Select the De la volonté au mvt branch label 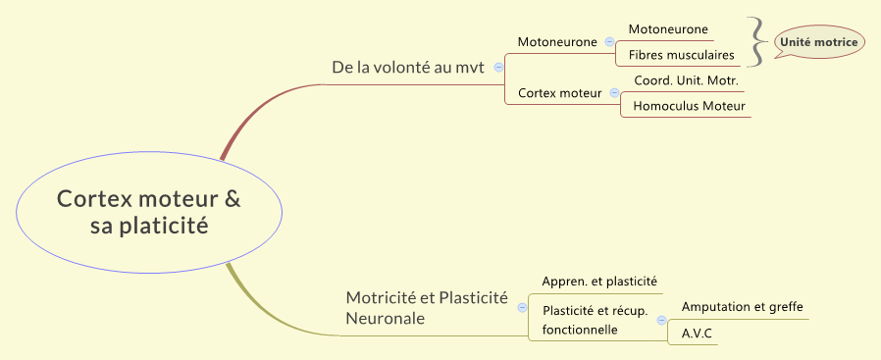click(x=409, y=68)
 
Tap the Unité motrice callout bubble click(x=818, y=42)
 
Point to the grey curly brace click(x=756, y=42)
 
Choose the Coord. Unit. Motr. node click(x=685, y=80)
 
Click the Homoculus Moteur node click(x=689, y=106)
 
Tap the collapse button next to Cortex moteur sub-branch click(x=614, y=93)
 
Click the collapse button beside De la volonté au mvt click(x=498, y=68)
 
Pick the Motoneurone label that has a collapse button click(x=557, y=42)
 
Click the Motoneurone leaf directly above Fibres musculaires click(x=668, y=29)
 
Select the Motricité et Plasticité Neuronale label click(x=427, y=308)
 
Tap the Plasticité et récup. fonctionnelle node click(x=595, y=320)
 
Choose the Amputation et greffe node click(x=742, y=307)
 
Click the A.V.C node click(x=697, y=334)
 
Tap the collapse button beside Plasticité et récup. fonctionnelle click(x=661, y=321)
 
